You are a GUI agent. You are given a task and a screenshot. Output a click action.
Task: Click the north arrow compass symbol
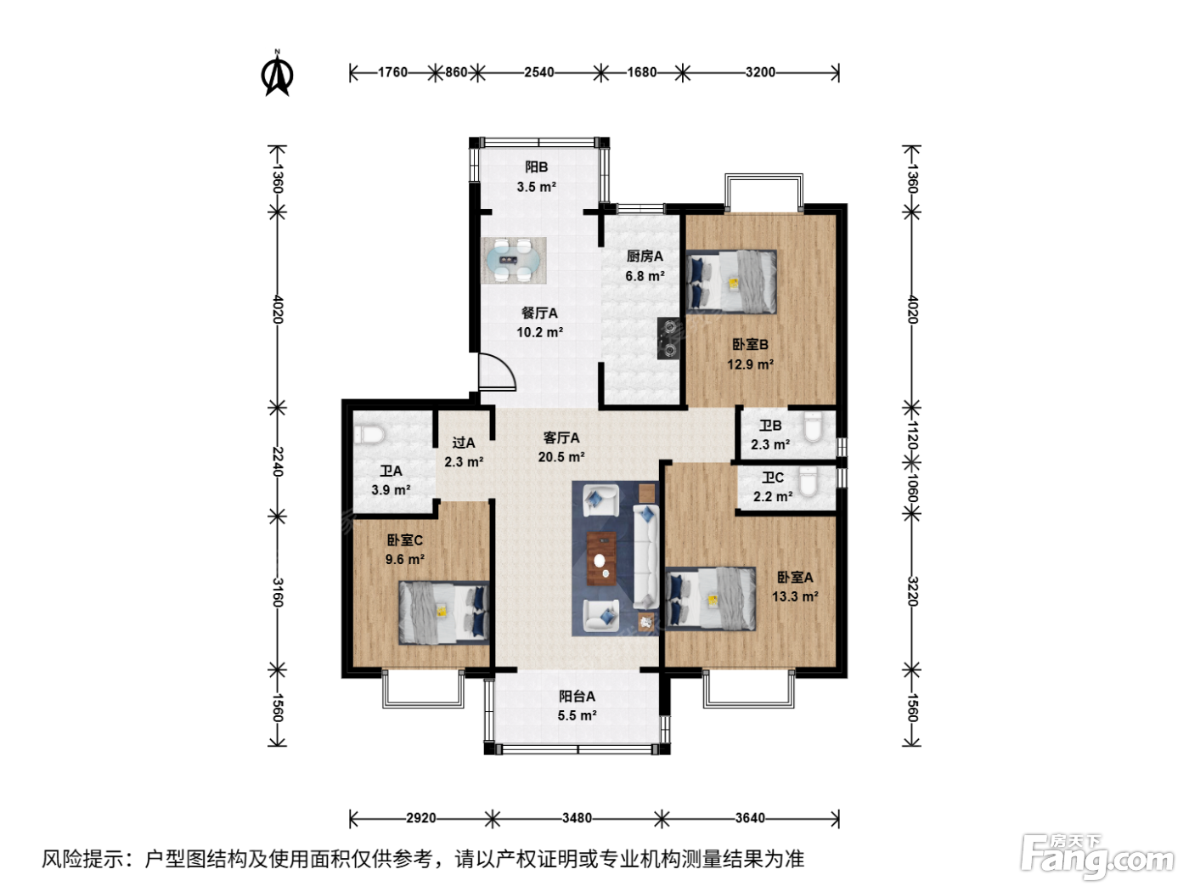(278, 73)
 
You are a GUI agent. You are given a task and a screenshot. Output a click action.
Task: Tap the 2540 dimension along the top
(539, 72)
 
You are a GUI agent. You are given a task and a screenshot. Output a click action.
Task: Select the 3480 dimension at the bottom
(577, 817)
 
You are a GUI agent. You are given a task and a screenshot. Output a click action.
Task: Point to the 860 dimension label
(456, 72)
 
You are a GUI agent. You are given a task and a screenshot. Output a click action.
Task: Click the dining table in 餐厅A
(514, 261)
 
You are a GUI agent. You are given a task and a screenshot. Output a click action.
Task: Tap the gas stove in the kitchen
(669, 338)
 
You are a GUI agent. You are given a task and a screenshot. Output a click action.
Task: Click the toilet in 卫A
(369, 434)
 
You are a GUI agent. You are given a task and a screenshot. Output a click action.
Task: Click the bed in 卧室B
(731, 282)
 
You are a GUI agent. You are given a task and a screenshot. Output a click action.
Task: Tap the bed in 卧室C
(444, 613)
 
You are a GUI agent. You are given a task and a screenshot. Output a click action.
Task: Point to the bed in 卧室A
(710, 598)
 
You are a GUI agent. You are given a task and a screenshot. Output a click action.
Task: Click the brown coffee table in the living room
(601, 558)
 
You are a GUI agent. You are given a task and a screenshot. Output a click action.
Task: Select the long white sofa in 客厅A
(646, 556)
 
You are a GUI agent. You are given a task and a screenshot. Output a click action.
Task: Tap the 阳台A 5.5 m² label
(577, 706)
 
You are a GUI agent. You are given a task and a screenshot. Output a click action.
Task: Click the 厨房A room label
(645, 257)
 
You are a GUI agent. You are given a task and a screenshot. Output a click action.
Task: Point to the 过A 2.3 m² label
(464, 452)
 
